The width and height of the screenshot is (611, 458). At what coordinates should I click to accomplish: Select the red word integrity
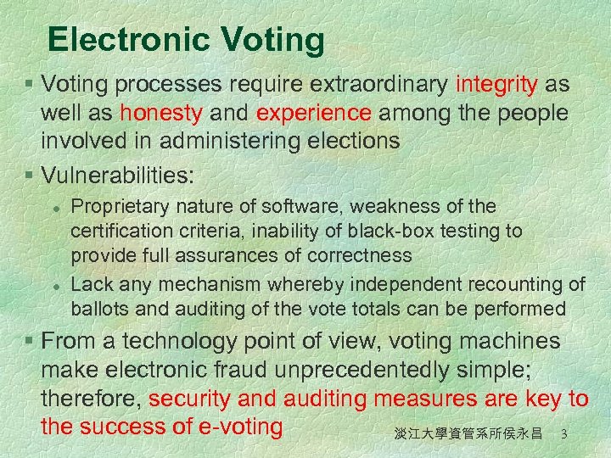click(x=496, y=85)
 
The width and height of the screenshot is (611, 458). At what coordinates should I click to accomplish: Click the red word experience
click(x=314, y=113)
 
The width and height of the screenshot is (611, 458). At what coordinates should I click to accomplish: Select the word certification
click(x=120, y=231)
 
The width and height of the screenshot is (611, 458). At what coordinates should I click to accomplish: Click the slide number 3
click(x=563, y=434)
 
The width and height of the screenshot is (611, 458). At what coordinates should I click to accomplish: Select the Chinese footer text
click(x=468, y=434)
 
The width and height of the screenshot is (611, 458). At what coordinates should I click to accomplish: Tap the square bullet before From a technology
click(x=29, y=342)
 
